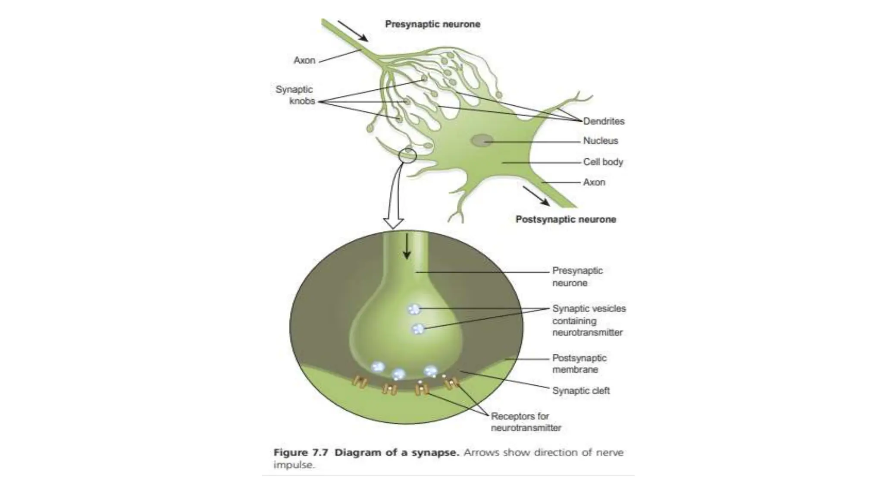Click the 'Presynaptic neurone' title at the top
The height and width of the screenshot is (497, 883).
tap(432, 24)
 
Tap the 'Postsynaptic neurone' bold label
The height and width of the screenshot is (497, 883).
tap(566, 219)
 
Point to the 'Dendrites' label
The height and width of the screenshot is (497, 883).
tap(604, 121)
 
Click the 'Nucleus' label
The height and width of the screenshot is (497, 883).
tap(600, 141)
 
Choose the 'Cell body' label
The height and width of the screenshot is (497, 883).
tap(603, 162)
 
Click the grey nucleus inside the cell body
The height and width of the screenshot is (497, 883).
tap(481, 140)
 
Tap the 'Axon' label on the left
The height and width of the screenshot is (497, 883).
tap(304, 60)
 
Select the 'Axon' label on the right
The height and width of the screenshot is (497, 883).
tap(594, 182)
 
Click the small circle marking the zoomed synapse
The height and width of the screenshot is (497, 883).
tap(407, 155)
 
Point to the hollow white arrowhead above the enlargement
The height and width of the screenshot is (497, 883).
tap(393, 223)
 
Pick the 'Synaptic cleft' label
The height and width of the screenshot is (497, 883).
tap(581, 390)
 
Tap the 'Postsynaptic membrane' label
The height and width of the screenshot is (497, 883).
tap(579, 364)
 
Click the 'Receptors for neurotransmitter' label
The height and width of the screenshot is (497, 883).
tap(526, 422)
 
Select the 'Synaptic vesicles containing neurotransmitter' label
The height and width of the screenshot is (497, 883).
tap(589, 321)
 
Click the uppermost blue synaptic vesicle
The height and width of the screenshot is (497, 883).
tap(414, 309)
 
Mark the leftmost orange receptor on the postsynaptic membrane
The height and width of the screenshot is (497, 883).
tap(359, 381)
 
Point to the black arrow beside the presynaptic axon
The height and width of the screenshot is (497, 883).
tap(353, 31)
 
